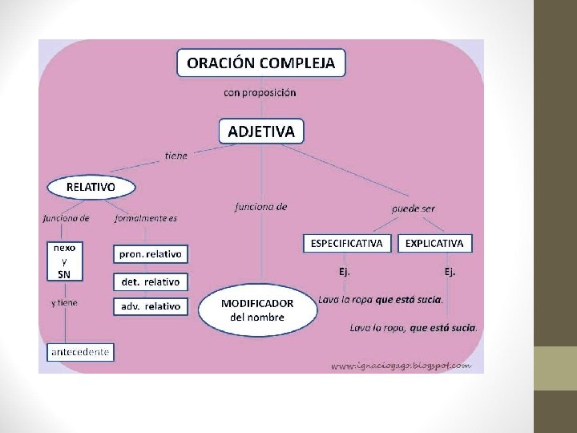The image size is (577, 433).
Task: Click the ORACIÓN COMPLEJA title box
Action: pyautogui.click(x=260, y=62)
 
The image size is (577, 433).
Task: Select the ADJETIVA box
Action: pyautogui.click(x=261, y=131)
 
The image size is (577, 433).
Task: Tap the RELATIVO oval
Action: pyautogui.click(x=91, y=187)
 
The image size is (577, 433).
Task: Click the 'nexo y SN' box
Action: pyautogui.click(x=64, y=261)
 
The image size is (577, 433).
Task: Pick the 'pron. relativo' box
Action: pyautogui.click(x=151, y=254)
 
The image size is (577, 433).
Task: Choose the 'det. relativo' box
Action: pyautogui.click(x=151, y=281)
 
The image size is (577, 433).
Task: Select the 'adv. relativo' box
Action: pyautogui.click(x=151, y=306)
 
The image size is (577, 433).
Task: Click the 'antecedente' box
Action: pyautogui.click(x=80, y=351)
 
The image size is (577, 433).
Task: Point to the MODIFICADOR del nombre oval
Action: pyautogui.click(x=257, y=310)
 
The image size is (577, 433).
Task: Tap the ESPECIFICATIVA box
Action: pyautogui.click(x=346, y=243)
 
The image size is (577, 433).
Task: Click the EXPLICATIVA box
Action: pyautogui.click(x=434, y=243)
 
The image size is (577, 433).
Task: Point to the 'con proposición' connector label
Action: pyautogui.click(x=260, y=92)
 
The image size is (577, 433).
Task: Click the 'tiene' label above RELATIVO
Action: pyautogui.click(x=176, y=156)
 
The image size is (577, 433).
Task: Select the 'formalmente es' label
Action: pyautogui.click(x=146, y=218)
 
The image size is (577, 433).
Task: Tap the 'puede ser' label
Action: pyautogui.click(x=413, y=208)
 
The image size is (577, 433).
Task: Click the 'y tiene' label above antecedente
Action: pyautogui.click(x=64, y=303)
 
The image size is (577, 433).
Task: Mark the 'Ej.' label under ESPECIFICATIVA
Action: pyautogui.click(x=344, y=271)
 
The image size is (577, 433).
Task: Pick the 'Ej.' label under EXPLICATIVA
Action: pyautogui.click(x=450, y=271)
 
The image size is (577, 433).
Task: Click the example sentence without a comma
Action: pyautogui.click(x=381, y=299)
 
